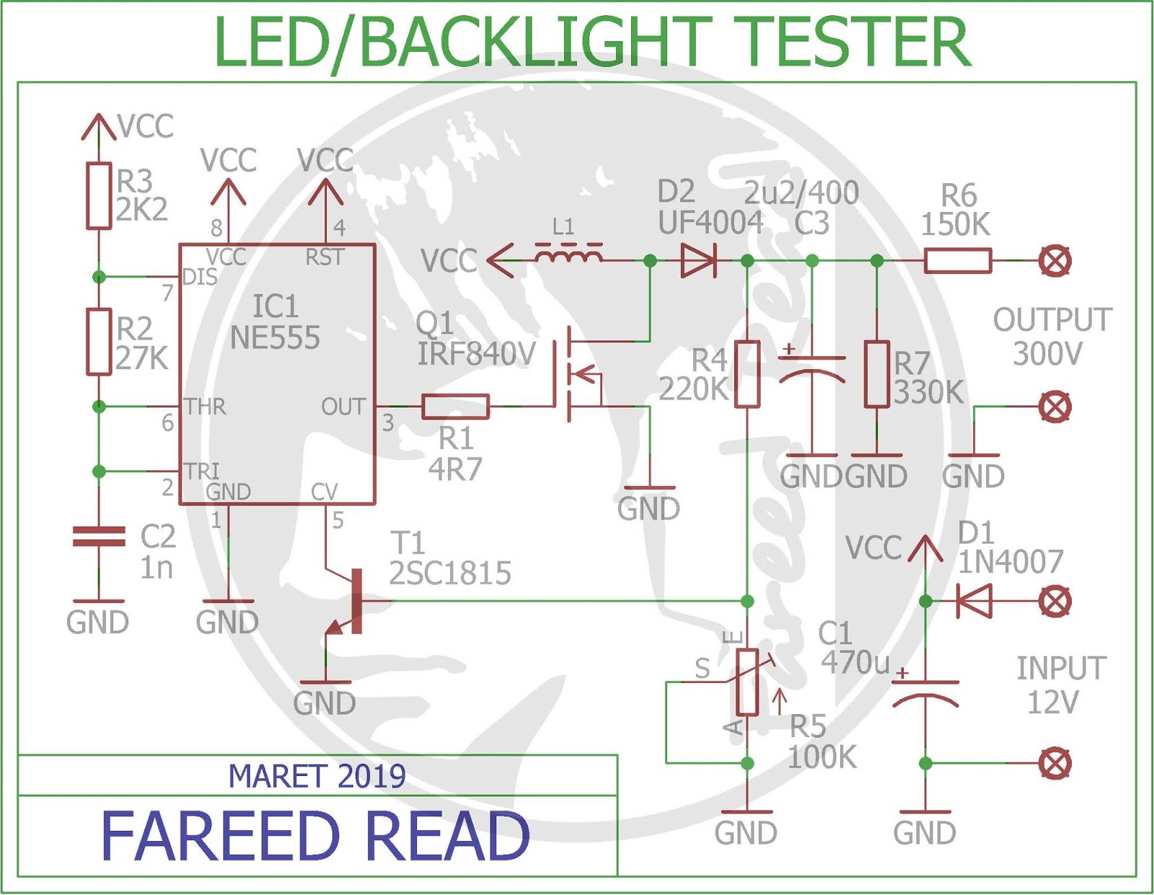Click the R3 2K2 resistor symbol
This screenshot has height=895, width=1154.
pyautogui.click(x=99, y=196)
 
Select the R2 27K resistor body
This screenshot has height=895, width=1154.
pyautogui.click(x=99, y=341)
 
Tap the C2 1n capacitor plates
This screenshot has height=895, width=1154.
pyautogui.click(x=99, y=536)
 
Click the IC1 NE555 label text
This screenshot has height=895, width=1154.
pyautogui.click(x=275, y=322)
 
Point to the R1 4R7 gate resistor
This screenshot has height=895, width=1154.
pyautogui.click(x=455, y=407)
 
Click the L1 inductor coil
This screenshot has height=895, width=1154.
pyautogui.click(x=569, y=253)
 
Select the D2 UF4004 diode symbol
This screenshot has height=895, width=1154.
pyautogui.click(x=699, y=260)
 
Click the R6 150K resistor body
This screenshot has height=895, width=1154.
pyautogui.click(x=958, y=260)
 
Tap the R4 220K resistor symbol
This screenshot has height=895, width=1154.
pyautogui.click(x=747, y=374)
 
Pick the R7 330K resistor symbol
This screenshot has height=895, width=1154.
pyautogui.click(x=877, y=374)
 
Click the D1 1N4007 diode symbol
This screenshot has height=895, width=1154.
pyautogui.click(x=974, y=601)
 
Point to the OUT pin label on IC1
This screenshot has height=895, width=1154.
pyautogui.click(x=343, y=407)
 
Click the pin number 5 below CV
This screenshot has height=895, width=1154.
pyautogui.click(x=338, y=521)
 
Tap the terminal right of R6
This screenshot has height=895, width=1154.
pyautogui.click(x=1054, y=260)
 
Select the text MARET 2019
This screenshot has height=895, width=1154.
pyautogui.click(x=317, y=777)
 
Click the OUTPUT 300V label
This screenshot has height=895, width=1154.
pyautogui.click(x=1051, y=337)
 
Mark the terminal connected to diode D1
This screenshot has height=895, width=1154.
pyautogui.click(x=1054, y=601)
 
